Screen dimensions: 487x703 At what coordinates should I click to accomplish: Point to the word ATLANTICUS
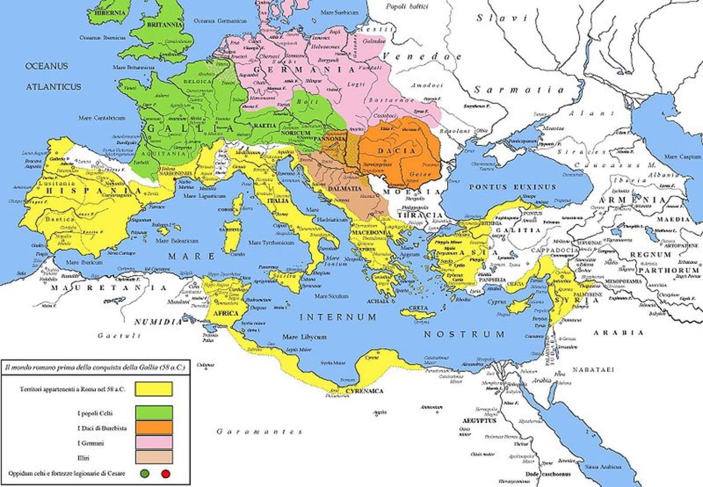point(52,86)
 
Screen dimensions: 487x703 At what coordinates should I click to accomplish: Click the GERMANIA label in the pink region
point(303,69)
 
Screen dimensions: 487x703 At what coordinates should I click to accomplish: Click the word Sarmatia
point(519,90)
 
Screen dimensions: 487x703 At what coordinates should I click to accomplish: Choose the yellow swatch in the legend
point(153,389)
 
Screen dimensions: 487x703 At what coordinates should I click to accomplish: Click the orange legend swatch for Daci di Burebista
point(153,427)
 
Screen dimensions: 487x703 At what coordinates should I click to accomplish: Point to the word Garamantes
point(259,432)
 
